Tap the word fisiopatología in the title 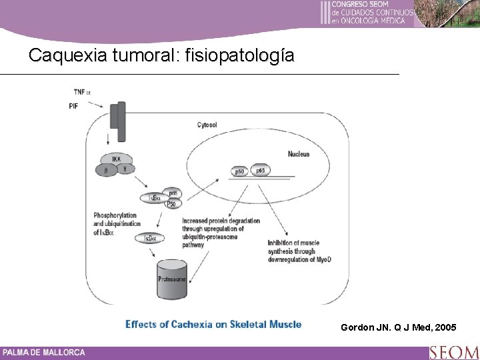coord(239,56)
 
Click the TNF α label coord(84,91)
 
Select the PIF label coord(73,105)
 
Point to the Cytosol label coord(207,124)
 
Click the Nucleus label coord(298,154)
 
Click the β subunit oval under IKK coord(106,171)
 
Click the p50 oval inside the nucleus coord(239,172)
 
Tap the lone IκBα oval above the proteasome coord(150,237)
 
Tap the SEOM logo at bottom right coord(453,352)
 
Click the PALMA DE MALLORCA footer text coord(43,352)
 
